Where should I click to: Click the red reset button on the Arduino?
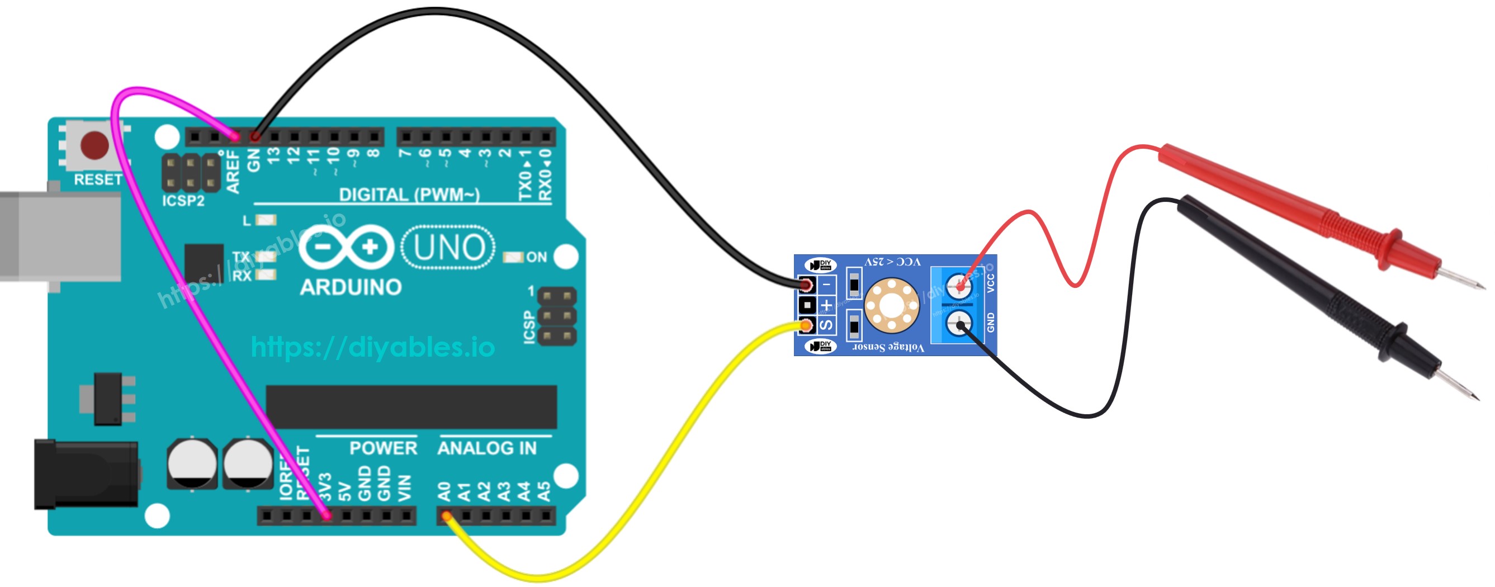(94, 145)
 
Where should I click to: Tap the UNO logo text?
(448, 248)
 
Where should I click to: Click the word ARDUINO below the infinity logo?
(351, 287)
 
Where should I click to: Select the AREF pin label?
(232, 171)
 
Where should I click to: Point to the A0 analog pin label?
(444, 492)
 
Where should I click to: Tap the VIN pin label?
(405, 488)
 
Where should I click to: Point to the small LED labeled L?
(266, 220)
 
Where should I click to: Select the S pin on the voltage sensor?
(826, 325)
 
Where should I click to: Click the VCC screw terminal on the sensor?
(959, 285)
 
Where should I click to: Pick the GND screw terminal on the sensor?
(959, 324)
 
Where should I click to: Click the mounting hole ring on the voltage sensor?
(891, 305)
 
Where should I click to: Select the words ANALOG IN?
(486, 448)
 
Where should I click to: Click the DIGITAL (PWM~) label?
(409, 195)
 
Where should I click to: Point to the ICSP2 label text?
(183, 201)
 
